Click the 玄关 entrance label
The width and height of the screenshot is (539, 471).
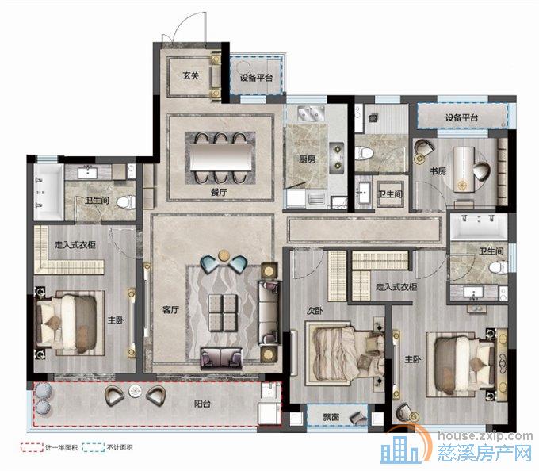pyautogui.click(x=190, y=75)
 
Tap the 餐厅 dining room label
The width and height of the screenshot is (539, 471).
pyautogui.click(x=219, y=192)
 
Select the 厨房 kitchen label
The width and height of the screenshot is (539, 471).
pyautogui.click(x=307, y=159)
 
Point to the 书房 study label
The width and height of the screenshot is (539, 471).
pyautogui.click(x=438, y=170)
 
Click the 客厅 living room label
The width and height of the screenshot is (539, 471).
pyautogui.click(x=170, y=310)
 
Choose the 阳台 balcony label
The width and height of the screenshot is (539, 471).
pyautogui.click(x=202, y=404)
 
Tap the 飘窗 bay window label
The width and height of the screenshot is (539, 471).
pyautogui.click(x=331, y=417)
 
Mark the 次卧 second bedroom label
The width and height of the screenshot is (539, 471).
pyautogui.click(x=315, y=311)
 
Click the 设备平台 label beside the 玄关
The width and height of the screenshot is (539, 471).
pyautogui.click(x=256, y=78)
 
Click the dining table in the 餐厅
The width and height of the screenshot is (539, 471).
pyautogui.click(x=220, y=157)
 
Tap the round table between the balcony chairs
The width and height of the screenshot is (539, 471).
pyautogui.click(x=136, y=391)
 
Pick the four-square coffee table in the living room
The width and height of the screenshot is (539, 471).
pyautogui.click(x=223, y=312)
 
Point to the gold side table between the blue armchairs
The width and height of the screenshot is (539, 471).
pyautogui.click(x=224, y=255)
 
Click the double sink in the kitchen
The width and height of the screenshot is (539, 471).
pyautogui.click(x=311, y=113)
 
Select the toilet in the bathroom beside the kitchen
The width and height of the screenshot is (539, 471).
pyautogui.click(x=363, y=153)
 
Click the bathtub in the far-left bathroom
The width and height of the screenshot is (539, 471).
pyautogui.click(x=48, y=192)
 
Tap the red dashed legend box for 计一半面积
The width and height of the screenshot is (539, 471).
pyautogui.click(x=32, y=447)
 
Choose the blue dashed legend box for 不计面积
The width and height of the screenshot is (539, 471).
pyautogui.click(x=94, y=447)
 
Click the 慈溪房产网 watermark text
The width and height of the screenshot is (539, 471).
pyautogui.click(x=484, y=453)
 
